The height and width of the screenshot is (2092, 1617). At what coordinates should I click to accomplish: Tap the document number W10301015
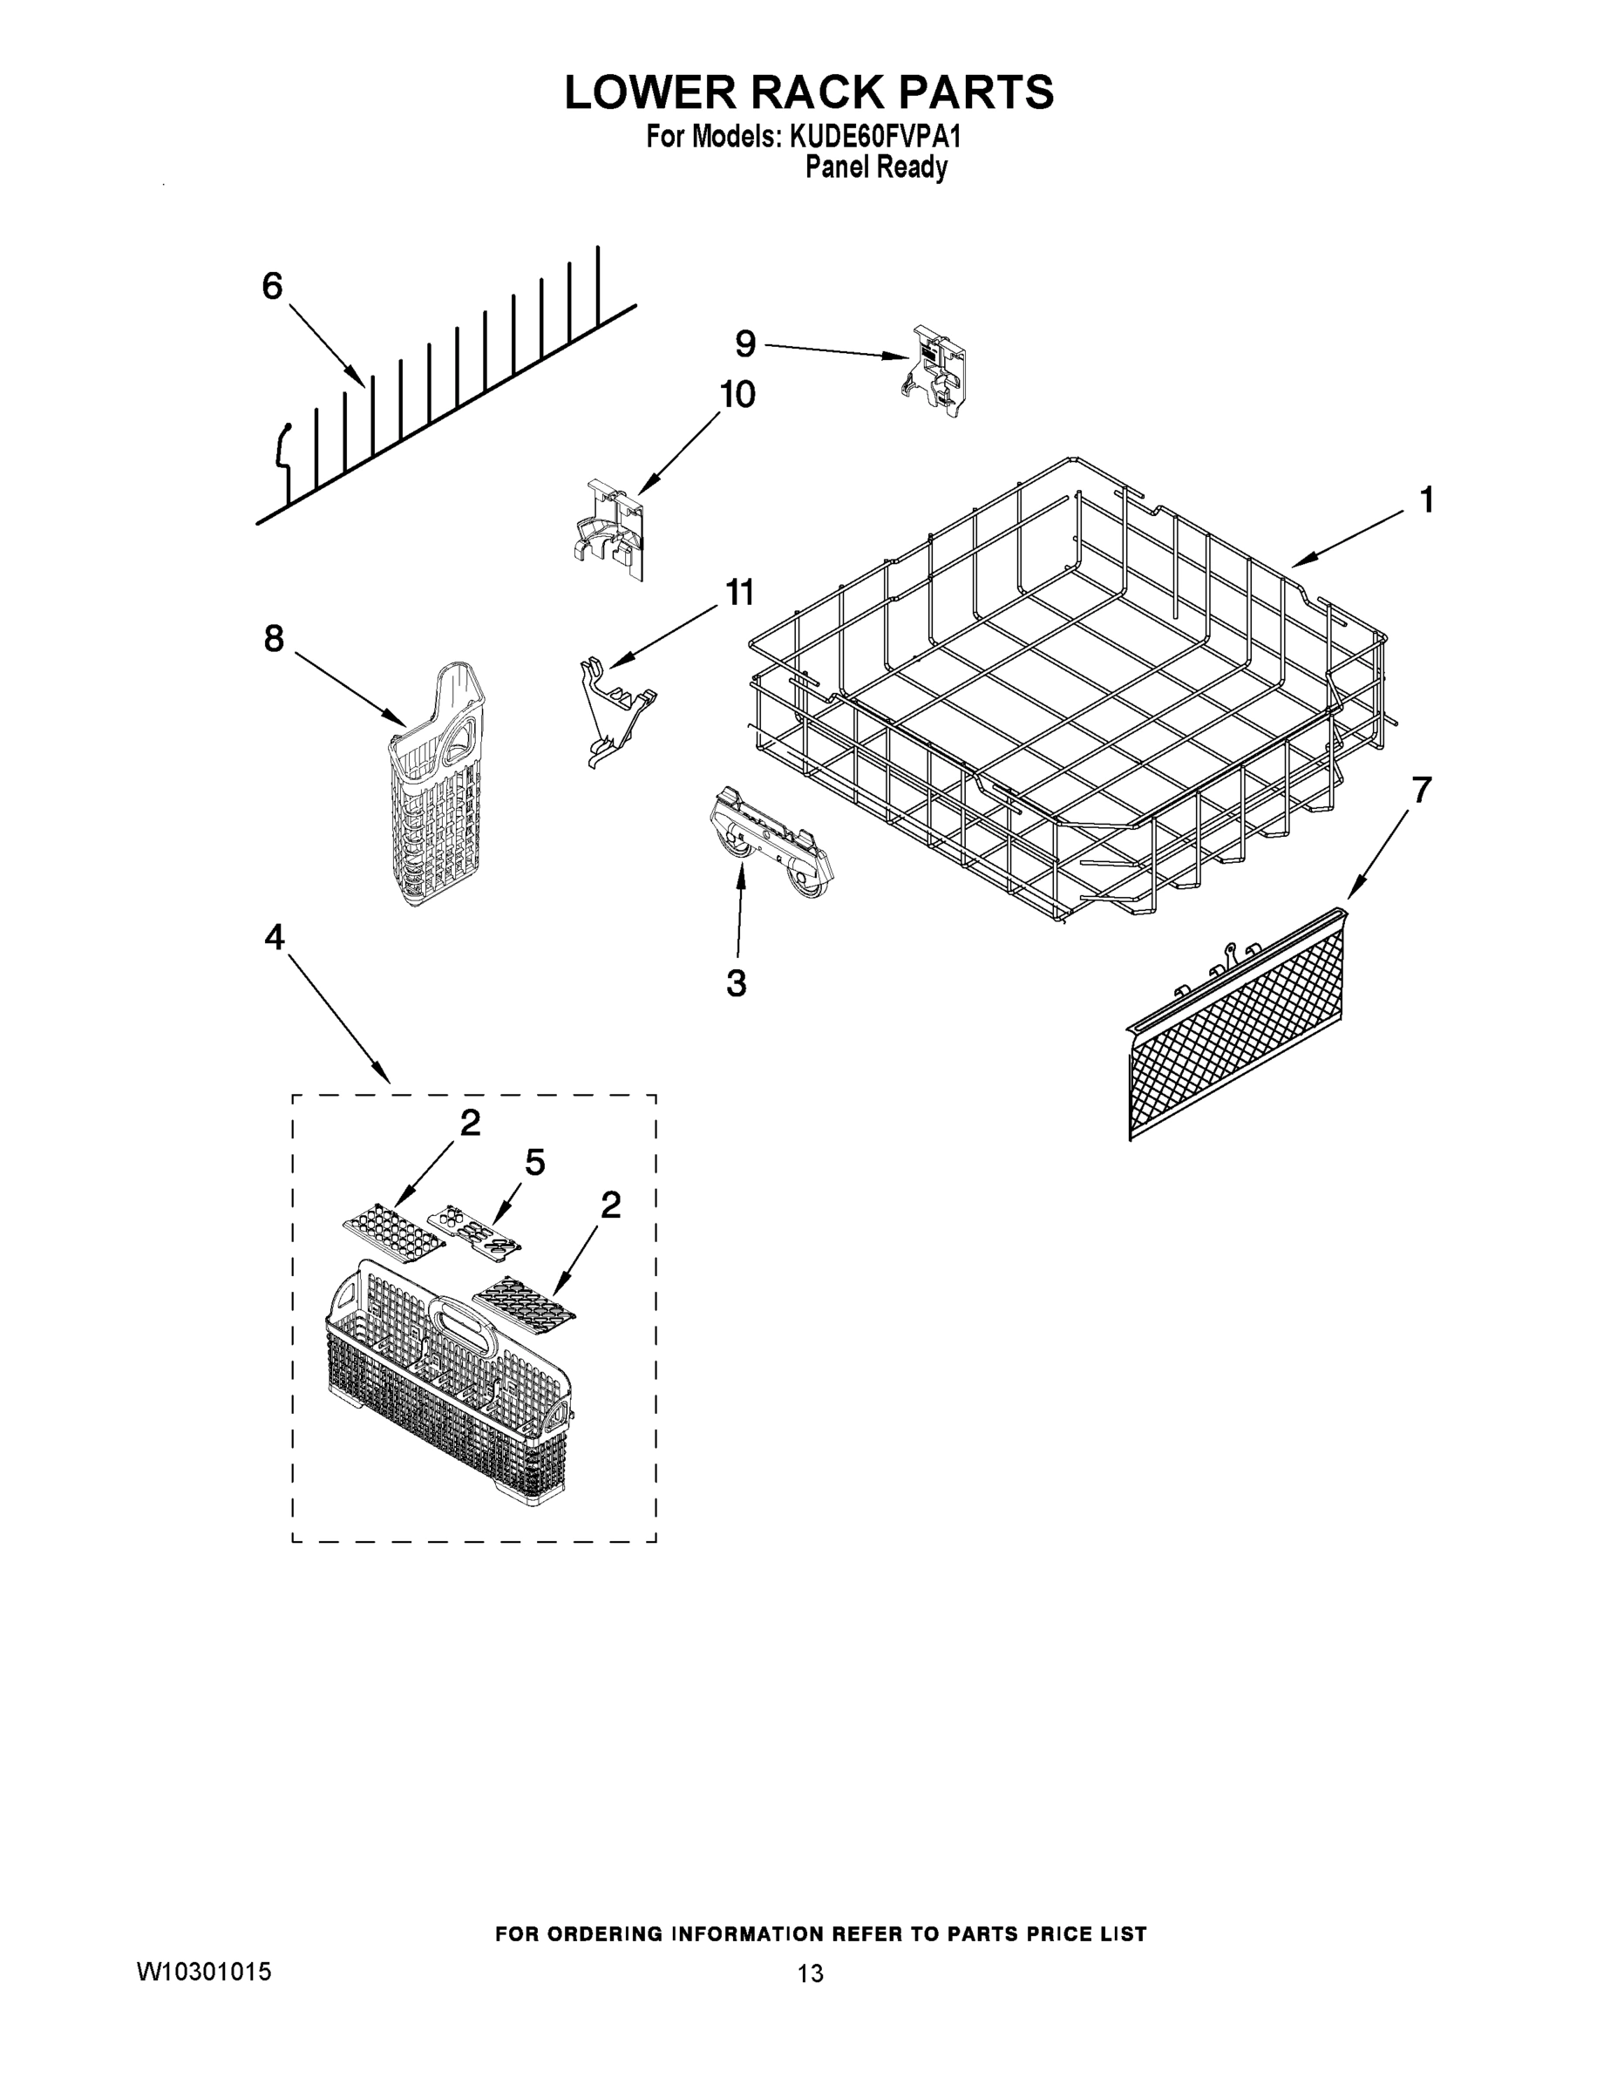[x=204, y=1970]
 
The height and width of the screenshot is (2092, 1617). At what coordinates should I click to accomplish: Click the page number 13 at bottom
[x=810, y=1973]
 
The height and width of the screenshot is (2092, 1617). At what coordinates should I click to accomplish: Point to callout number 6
[x=273, y=285]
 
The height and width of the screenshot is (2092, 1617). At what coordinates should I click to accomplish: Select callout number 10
[x=737, y=394]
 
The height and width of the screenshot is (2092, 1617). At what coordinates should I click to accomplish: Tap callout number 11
[x=738, y=592]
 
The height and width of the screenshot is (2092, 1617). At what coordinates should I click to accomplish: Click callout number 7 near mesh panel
[x=1421, y=791]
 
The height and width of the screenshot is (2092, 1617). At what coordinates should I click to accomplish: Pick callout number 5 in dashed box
[x=534, y=1162]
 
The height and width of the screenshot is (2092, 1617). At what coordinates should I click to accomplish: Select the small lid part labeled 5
[x=473, y=1230]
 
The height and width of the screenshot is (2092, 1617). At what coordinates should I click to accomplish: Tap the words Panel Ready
[x=875, y=167]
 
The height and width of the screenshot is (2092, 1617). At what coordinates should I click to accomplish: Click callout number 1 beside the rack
[x=1425, y=499]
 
